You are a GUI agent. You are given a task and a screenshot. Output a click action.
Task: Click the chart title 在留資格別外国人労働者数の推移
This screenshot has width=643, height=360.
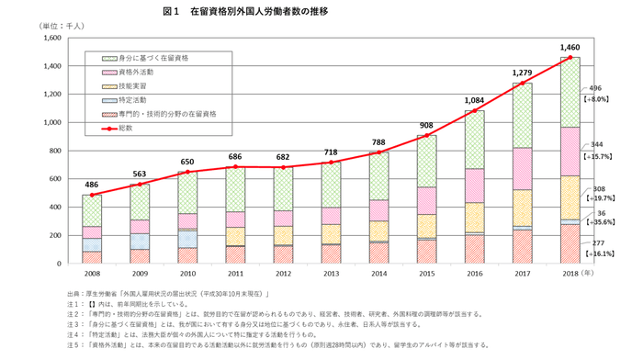pos(265,11)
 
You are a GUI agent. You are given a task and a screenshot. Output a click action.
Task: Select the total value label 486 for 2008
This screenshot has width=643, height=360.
pos(92,184)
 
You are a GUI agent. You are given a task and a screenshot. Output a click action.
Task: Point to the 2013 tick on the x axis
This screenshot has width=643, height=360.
pos(331,274)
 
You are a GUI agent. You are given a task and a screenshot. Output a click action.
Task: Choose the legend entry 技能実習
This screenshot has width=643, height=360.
pos(122,85)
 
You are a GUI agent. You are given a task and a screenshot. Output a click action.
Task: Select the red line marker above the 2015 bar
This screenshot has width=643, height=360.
pos(426,136)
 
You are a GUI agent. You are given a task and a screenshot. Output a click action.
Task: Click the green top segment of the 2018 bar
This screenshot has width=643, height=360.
pos(570,92)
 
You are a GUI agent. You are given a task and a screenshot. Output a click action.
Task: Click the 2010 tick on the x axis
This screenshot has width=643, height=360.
pos(187,274)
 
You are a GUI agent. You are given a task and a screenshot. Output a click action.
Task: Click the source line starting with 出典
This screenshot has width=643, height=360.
pos(175,290)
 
